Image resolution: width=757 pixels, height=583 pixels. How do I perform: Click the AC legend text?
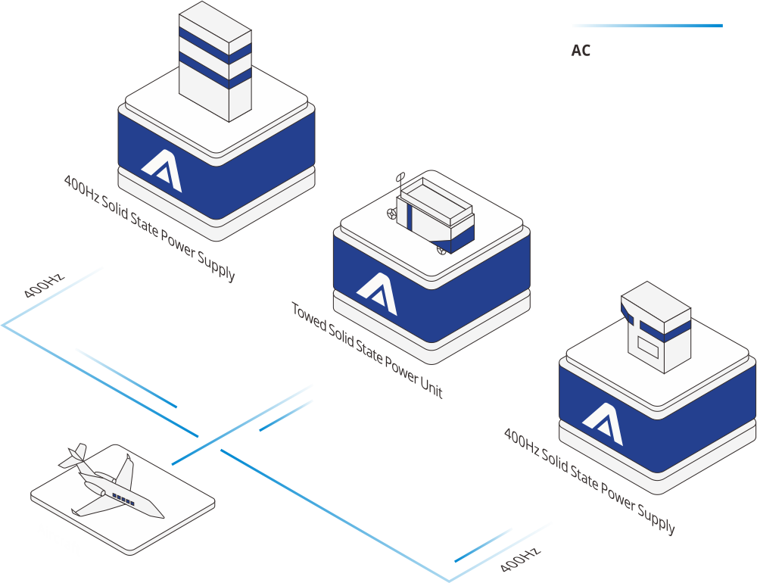[x=581, y=50]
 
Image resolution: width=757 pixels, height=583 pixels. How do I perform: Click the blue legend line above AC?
[x=647, y=26]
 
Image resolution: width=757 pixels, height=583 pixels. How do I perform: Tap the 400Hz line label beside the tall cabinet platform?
[x=44, y=286]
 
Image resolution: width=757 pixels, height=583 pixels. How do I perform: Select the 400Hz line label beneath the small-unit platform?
[x=520, y=560]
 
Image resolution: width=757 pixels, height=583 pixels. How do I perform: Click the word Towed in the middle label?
[x=309, y=317]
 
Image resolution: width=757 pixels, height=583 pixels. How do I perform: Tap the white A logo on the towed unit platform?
[x=378, y=292]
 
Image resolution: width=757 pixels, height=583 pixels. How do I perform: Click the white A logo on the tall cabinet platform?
[x=163, y=170]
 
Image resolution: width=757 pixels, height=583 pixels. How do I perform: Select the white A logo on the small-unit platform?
[x=603, y=423]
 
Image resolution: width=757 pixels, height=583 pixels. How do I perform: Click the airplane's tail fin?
[x=74, y=456]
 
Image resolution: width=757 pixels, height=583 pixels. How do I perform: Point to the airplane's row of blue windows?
[x=123, y=500]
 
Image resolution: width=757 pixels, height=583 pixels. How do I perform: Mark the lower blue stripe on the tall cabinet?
[x=215, y=70]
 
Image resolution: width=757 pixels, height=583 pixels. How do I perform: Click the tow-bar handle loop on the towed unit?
[x=400, y=177]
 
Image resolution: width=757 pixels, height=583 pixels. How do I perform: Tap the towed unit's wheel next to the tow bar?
[x=392, y=213]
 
